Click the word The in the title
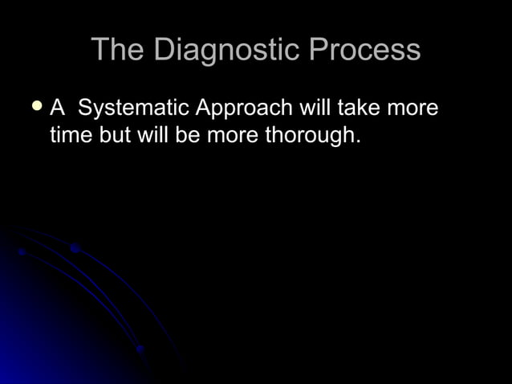pos(118,50)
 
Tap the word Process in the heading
pos(364,50)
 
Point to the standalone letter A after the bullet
pos(58,107)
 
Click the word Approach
pos(244,108)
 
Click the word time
pos(71,134)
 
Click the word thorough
pos(309,135)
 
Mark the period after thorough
pos(358,141)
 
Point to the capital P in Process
pos(319,50)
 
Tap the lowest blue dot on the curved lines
pos(140,349)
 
